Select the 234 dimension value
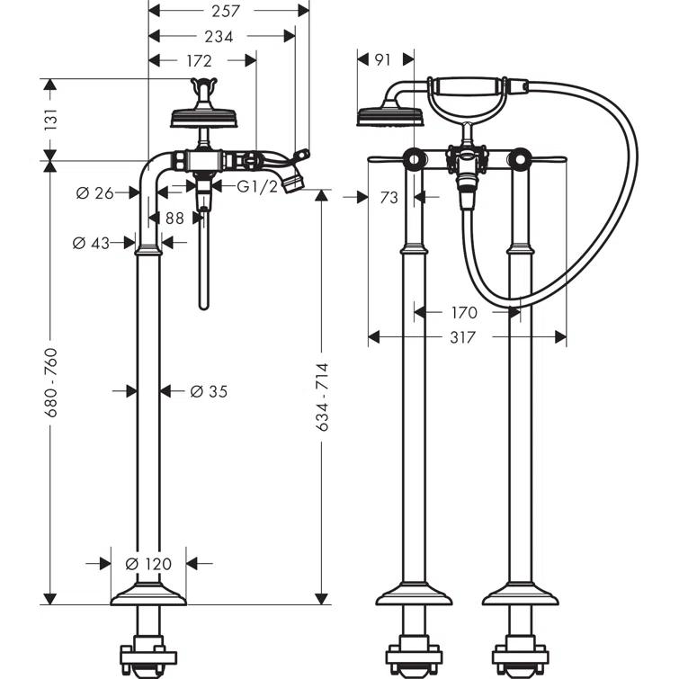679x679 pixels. point(219,37)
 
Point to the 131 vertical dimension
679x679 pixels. point(51,119)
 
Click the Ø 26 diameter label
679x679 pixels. point(94,192)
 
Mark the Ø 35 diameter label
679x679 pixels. point(209,390)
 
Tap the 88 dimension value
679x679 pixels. point(174,218)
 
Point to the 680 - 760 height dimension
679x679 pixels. point(51,381)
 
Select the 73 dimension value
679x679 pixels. point(389,197)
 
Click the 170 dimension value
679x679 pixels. point(465,313)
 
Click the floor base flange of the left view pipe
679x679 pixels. point(147,594)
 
